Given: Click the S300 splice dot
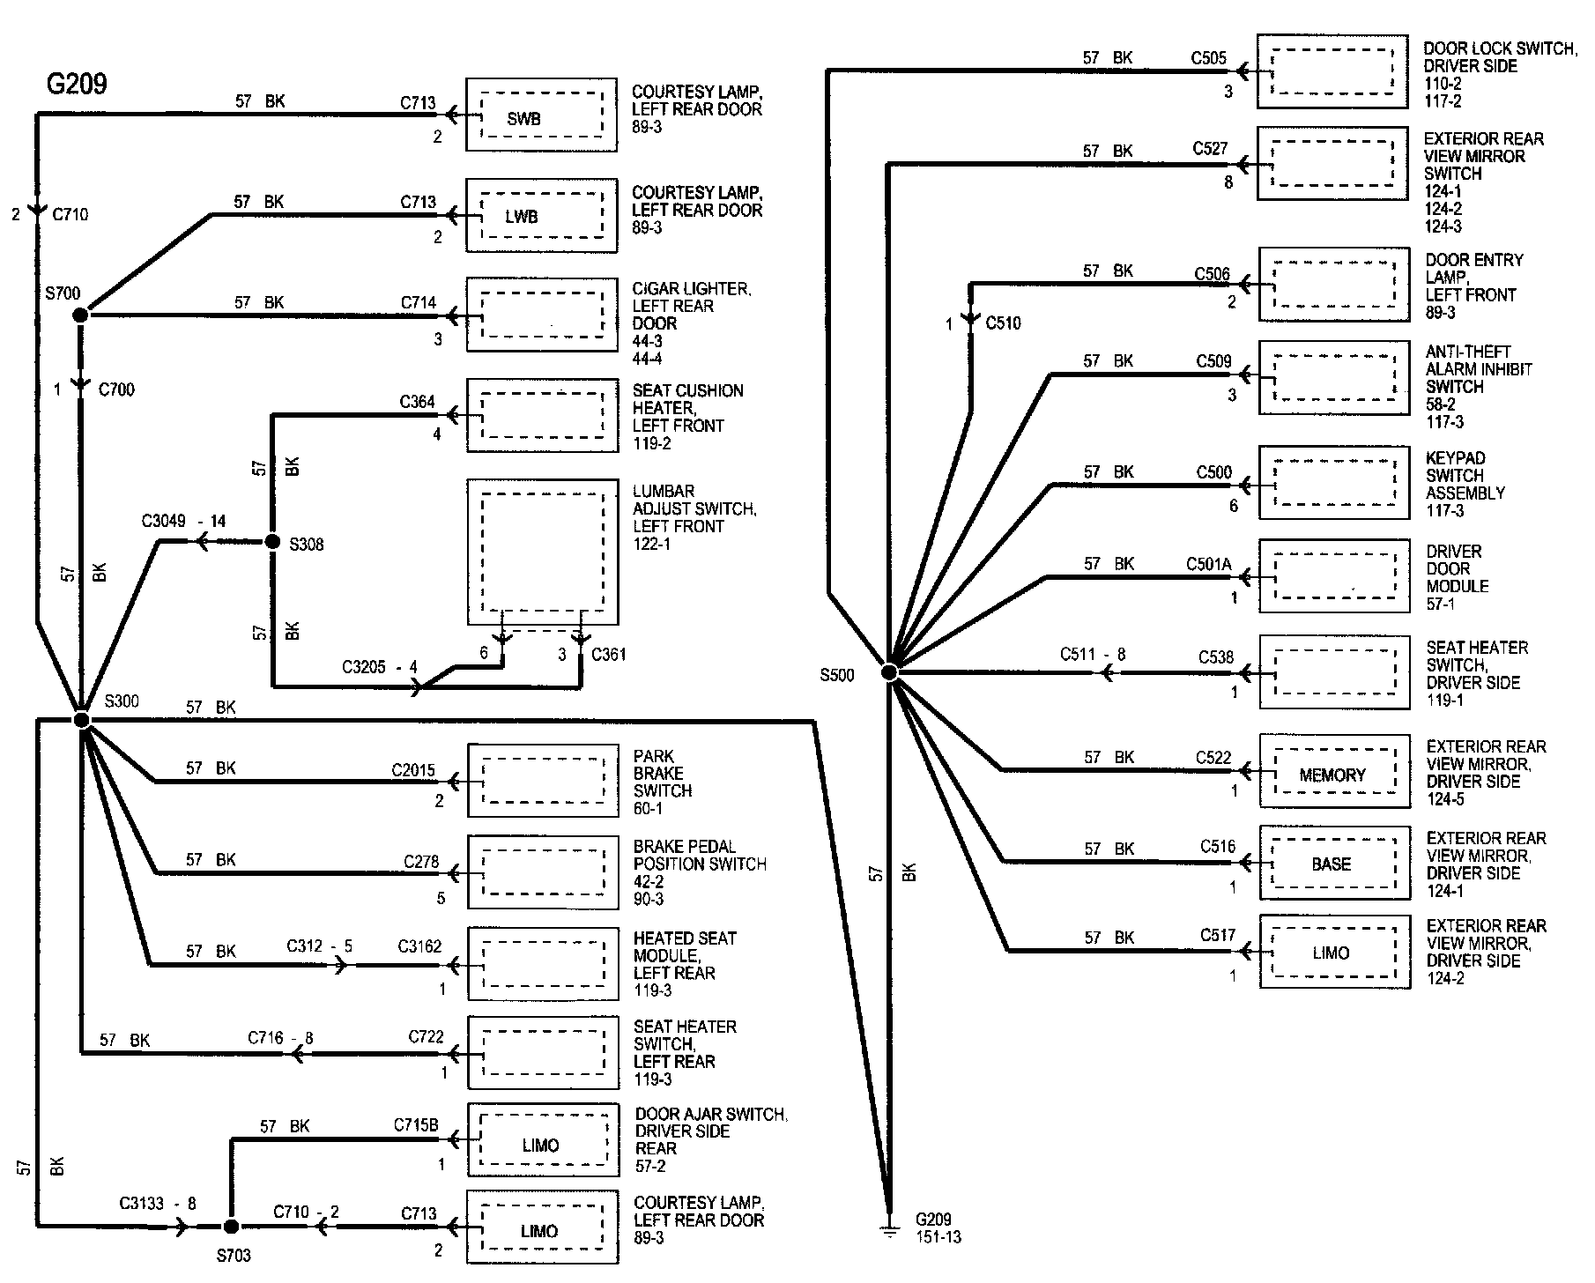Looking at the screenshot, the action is [x=81, y=721].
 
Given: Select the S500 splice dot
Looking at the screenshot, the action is [x=889, y=673].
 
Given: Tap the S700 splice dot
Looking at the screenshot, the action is [x=80, y=315].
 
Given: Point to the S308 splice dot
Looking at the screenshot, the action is [x=272, y=541].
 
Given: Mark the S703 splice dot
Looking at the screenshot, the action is [x=231, y=1227].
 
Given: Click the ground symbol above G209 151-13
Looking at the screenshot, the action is [x=889, y=1227].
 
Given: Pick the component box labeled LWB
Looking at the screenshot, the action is [x=541, y=216].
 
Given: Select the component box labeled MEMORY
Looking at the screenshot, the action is [x=1333, y=771].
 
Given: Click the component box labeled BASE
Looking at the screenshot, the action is [x=1333, y=863].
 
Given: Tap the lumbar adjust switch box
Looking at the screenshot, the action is [x=543, y=553].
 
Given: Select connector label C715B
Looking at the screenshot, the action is [x=416, y=1126].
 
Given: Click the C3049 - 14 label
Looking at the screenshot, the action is [x=184, y=522].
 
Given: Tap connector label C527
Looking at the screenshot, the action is [x=1211, y=149].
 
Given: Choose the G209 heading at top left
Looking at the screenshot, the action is [x=77, y=85].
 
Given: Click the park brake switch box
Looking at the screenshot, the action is [x=543, y=781].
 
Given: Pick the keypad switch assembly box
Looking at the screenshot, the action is [x=1333, y=482].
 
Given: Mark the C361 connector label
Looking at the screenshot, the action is [x=609, y=655].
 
